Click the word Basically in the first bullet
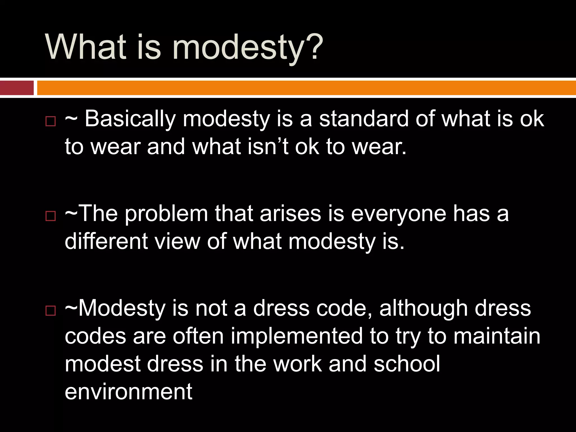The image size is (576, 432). click(130, 119)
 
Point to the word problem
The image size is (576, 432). click(166, 214)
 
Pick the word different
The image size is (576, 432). click(106, 241)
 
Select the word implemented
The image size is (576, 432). click(297, 336)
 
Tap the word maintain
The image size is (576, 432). click(497, 336)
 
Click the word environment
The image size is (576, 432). click(129, 391)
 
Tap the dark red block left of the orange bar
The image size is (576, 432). click(17, 88)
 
